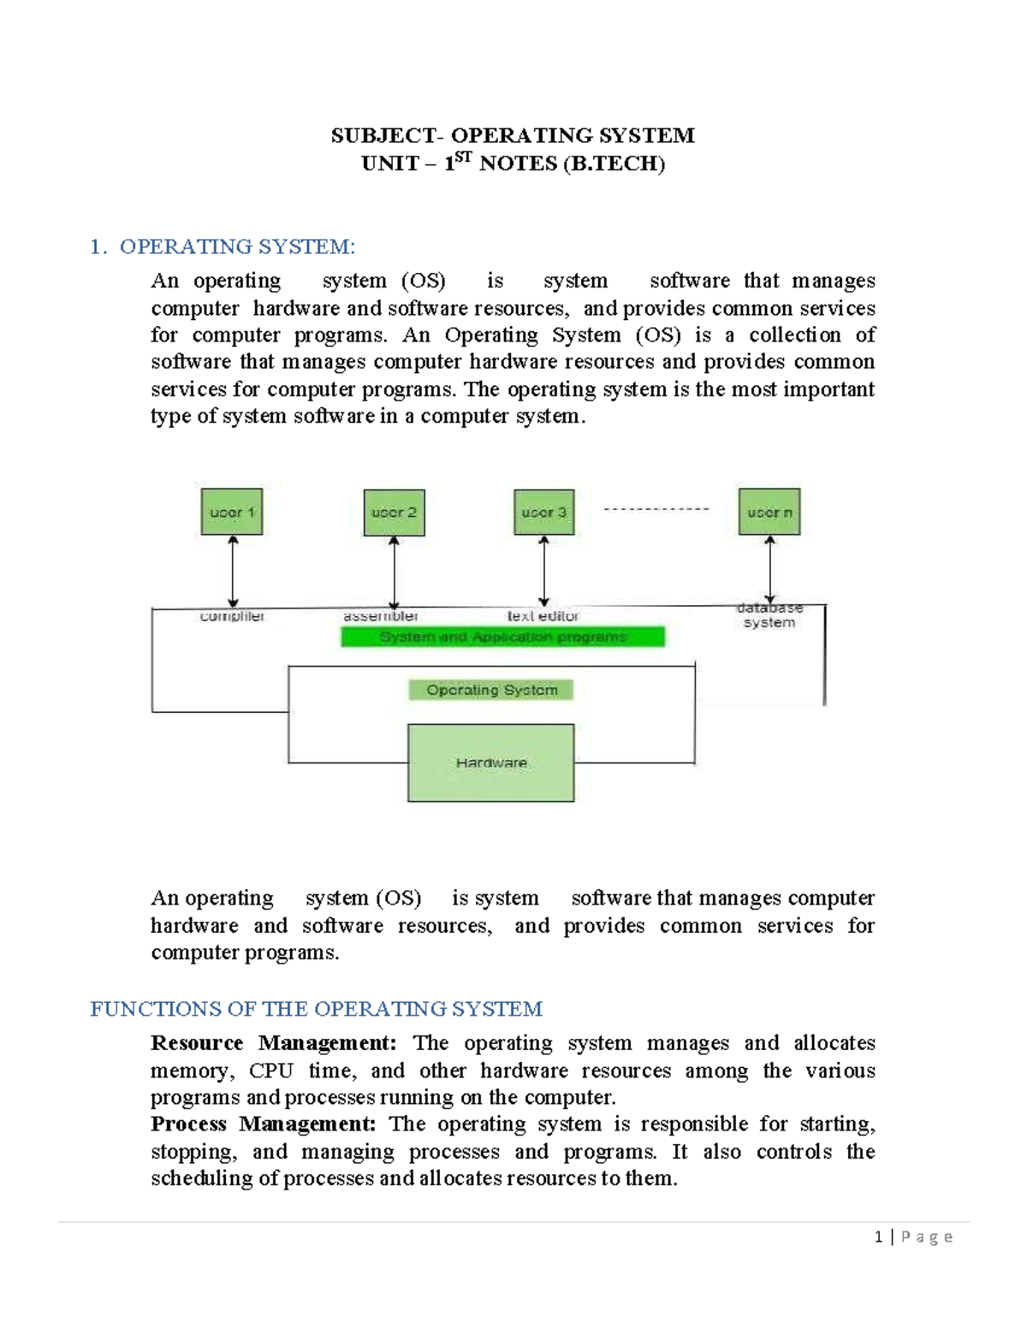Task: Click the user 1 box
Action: [232, 512]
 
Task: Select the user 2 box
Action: [394, 513]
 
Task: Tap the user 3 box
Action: [543, 512]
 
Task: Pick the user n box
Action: [769, 512]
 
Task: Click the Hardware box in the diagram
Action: [490, 762]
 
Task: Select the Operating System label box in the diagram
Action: [491, 690]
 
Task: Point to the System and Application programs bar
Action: [502, 637]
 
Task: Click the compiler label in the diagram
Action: [232, 616]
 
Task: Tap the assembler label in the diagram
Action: [381, 616]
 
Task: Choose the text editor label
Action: [543, 616]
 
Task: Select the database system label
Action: [769, 615]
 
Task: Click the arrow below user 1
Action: [233, 571]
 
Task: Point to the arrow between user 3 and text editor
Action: [543, 571]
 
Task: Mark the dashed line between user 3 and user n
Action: [656, 509]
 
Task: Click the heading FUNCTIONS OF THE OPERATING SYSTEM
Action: [316, 1009]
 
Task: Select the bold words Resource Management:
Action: [273, 1043]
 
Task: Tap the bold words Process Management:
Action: [263, 1124]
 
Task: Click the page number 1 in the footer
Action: [878, 1237]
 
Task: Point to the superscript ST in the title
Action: [463, 157]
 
